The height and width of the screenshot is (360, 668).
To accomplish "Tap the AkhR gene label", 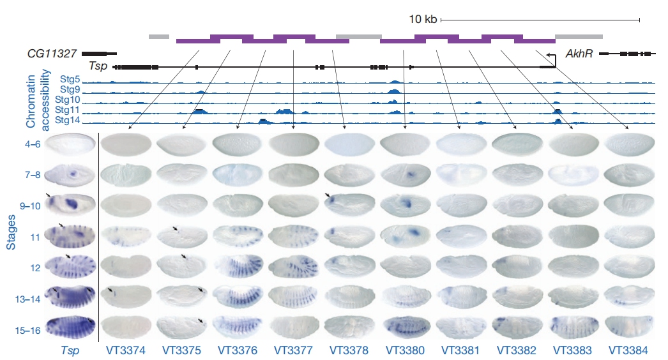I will [577, 54].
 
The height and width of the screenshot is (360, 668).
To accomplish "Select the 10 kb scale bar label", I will [423, 20].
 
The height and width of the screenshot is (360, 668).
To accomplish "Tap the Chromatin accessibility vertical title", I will [32, 96].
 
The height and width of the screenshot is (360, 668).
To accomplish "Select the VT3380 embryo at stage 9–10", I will [406, 205].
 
